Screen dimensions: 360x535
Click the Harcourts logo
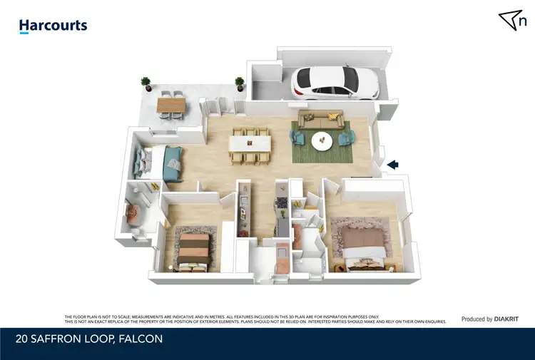coord(53,26)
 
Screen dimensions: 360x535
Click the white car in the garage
coord(332,82)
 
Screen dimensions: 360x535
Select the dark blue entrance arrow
coord(392,165)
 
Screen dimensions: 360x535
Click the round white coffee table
coord(322,142)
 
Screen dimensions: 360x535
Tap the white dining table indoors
coord(249,144)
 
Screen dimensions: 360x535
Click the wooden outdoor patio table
coord(170,105)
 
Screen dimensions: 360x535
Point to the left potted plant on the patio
coord(146,83)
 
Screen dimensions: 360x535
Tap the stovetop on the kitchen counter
coord(282,203)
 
